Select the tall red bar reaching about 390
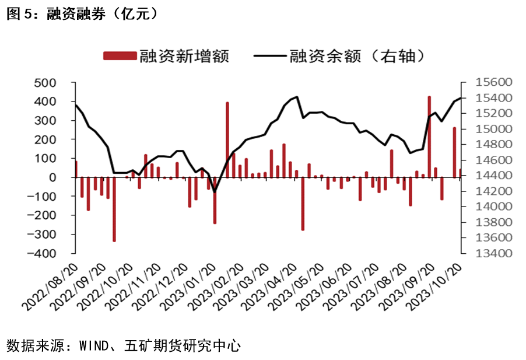(227, 139)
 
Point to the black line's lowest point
(214, 191)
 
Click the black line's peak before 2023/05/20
(297, 97)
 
